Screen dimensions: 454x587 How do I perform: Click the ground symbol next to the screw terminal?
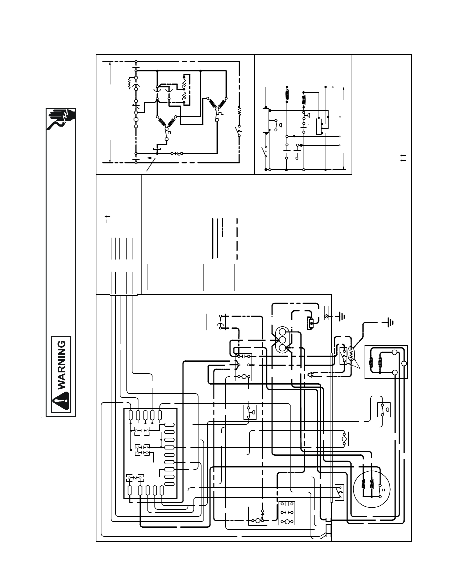(x=341, y=316)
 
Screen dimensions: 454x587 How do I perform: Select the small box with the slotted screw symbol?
(x=327, y=313)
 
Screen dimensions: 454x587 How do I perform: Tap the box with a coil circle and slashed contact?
(x=258, y=516)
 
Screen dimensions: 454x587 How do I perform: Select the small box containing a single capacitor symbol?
(x=216, y=322)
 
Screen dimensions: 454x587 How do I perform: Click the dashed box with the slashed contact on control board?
(x=135, y=478)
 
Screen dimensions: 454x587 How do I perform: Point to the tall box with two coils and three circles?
(x=386, y=362)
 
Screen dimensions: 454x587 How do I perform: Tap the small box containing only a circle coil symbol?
(x=343, y=439)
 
